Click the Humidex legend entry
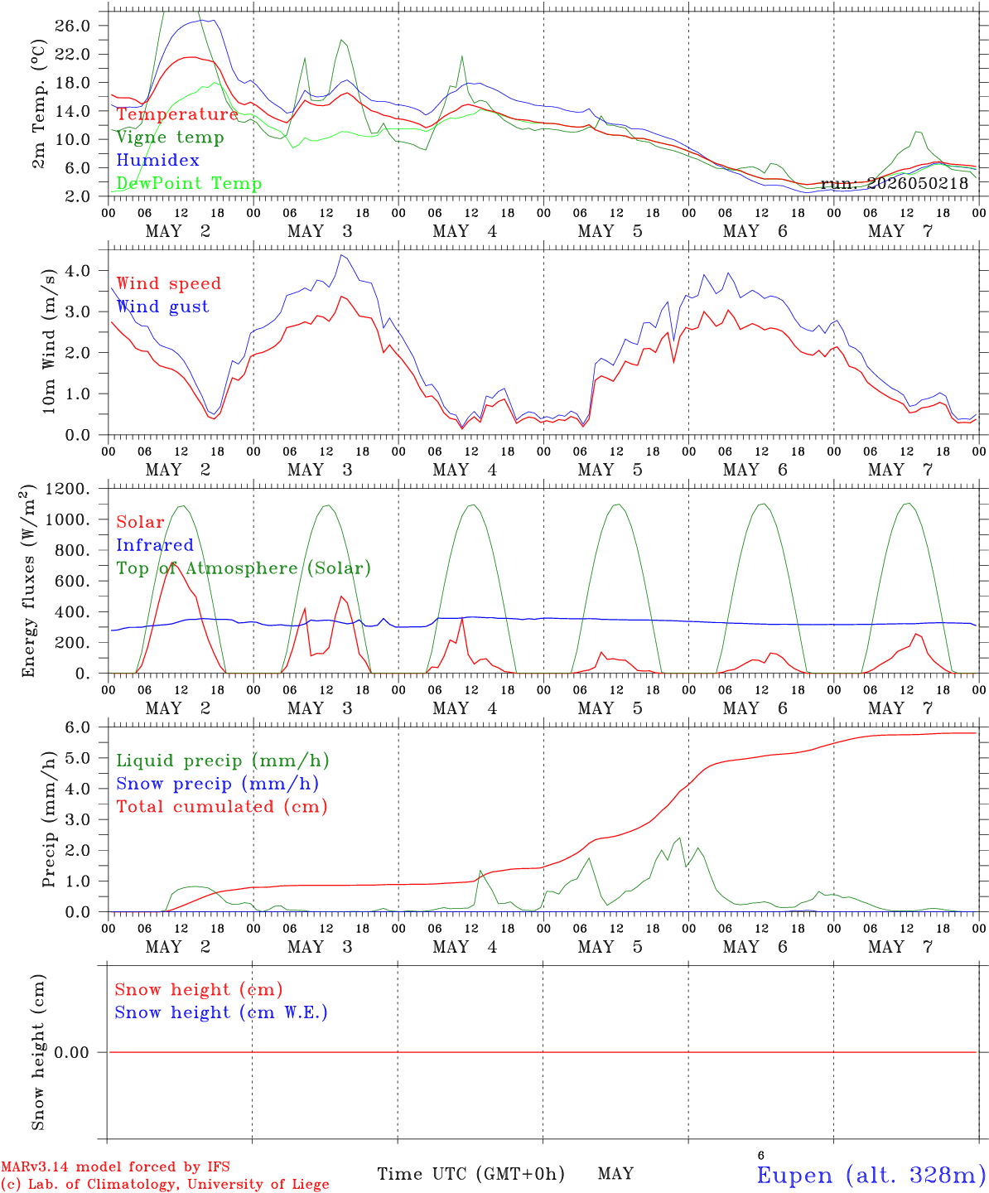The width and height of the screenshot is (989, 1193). point(157,160)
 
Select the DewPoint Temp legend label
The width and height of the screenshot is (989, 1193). point(189,183)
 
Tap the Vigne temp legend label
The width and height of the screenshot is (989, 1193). point(171,138)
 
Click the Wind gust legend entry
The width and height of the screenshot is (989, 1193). point(163,307)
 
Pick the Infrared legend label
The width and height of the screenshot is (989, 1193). point(155,545)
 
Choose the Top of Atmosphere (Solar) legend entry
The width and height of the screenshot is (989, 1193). point(244,568)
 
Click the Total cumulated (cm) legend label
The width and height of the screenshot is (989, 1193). point(222,807)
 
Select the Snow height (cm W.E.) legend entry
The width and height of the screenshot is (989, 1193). point(221,1012)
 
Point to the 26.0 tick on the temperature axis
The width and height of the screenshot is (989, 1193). point(73,26)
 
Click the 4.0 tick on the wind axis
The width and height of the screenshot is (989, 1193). point(78,270)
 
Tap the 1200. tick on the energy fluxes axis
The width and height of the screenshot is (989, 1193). point(68,489)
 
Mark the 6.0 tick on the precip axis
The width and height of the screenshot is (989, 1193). point(78,727)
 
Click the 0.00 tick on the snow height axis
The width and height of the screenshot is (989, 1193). point(71,1052)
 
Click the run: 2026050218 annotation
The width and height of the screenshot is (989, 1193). point(894,183)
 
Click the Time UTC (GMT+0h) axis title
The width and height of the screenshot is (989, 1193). point(470,1174)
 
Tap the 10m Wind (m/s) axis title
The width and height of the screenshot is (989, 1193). point(49,341)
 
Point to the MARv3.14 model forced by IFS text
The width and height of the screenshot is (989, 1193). point(115,1166)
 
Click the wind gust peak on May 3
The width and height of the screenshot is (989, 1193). point(341,255)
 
